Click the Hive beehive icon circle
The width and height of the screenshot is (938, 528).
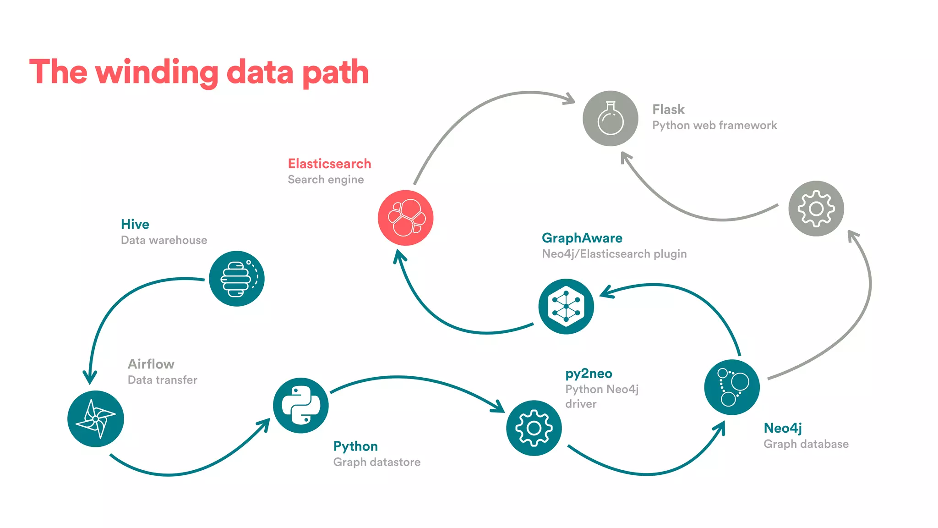click(x=237, y=279)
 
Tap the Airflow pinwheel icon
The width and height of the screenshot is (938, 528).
click(x=95, y=418)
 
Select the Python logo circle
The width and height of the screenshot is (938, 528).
click(x=301, y=405)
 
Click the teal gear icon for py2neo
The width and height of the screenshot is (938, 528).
click(x=534, y=428)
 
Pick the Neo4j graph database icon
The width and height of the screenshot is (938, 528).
click(x=732, y=387)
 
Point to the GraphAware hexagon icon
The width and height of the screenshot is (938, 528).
click(x=566, y=306)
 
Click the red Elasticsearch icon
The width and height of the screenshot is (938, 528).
click(x=405, y=218)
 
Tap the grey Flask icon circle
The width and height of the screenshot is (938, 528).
click(x=611, y=118)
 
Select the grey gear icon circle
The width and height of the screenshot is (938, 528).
click(x=816, y=209)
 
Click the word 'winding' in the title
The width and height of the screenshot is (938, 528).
click(x=157, y=72)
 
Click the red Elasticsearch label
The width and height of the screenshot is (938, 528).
click(x=329, y=164)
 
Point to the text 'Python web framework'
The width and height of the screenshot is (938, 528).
click(x=714, y=126)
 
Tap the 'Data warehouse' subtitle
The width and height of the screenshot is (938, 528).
click(x=164, y=240)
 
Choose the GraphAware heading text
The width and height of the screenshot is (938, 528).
click(x=582, y=238)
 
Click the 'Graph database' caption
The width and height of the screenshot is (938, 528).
click(x=806, y=444)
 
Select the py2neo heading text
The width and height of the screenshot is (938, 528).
click(x=589, y=374)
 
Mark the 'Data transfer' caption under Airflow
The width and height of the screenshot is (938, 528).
click(x=163, y=380)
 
